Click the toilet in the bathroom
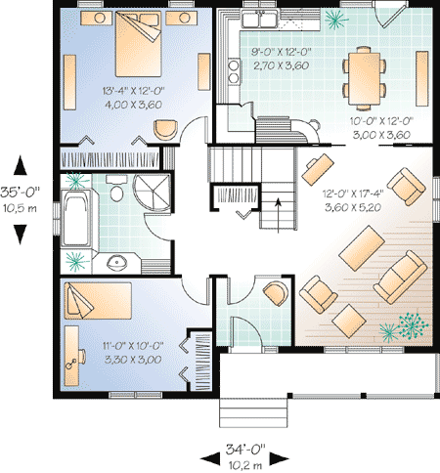pyautogui.click(x=116, y=190)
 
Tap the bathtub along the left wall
pyautogui.click(x=76, y=217)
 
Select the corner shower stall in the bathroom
pyautogui.click(x=153, y=193)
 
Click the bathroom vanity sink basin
pyautogui.click(x=117, y=262)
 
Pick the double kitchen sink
pyautogui.click(x=259, y=19)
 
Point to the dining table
pyautogui.click(x=364, y=78)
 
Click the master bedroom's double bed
pyautogui.click(x=138, y=44)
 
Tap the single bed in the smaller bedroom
pyautogui.click(x=98, y=301)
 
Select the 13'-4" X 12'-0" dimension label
pyautogui.click(x=133, y=91)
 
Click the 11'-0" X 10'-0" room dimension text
pyautogui.click(x=133, y=346)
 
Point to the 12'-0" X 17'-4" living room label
pyautogui.click(x=353, y=193)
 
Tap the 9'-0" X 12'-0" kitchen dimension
pyautogui.click(x=282, y=52)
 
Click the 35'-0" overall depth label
pyautogui.click(x=20, y=192)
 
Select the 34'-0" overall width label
pyautogui.click(x=245, y=450)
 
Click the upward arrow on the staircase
pyautogui.click(x=278, y=215)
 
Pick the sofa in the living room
pyautogui.click(x=400, y=278)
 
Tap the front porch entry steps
pyautogui.click(x=253, y=412)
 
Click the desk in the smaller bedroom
pyautogui.click(x=71, y=356)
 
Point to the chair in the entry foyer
pyautogui.click(x=276, y=293)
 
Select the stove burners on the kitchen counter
pyautogui.click(x=234, y=71)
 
